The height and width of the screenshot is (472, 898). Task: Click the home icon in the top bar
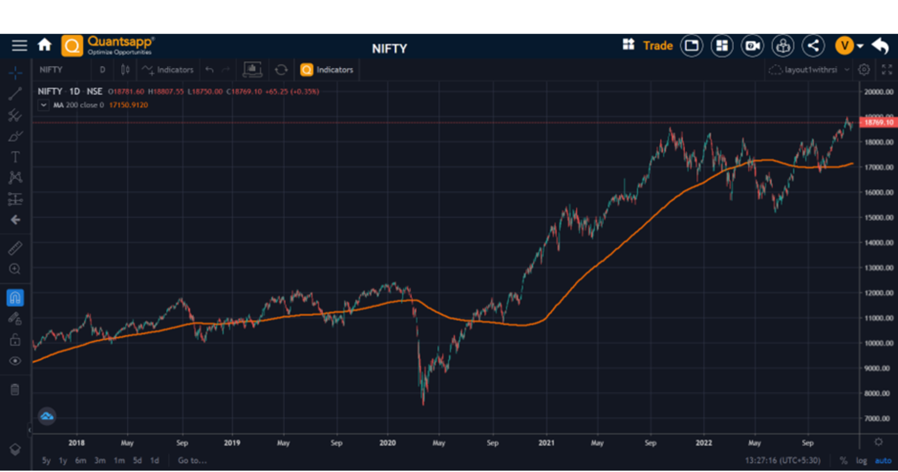(44, 45)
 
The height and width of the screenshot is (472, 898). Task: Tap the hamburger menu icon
(19, 45)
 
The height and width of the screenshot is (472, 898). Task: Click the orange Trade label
(658, 46)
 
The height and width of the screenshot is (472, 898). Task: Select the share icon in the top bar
(813, 46)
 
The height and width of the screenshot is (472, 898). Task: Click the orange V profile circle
(844, 46)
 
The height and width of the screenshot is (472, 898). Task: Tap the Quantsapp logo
(108, 45)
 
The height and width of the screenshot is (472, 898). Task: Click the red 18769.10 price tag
(878, 122)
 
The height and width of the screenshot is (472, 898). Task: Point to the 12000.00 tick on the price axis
(878, 293)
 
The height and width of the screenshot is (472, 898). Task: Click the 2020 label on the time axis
(387, 443)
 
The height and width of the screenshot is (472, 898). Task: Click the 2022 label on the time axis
(703, 443)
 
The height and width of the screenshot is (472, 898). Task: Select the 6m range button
(80, 460)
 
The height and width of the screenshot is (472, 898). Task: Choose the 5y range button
(46, 460)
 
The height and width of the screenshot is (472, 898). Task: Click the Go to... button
(192, 460)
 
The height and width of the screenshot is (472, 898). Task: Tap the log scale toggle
(861, 460)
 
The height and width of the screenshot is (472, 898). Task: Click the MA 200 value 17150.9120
(128, 105)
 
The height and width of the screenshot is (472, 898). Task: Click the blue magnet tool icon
(15, 298)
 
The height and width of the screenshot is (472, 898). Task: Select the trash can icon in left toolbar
(15, 389)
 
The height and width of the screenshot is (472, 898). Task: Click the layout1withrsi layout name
(811, 70)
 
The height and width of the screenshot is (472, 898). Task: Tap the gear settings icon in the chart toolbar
(864, 70)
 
